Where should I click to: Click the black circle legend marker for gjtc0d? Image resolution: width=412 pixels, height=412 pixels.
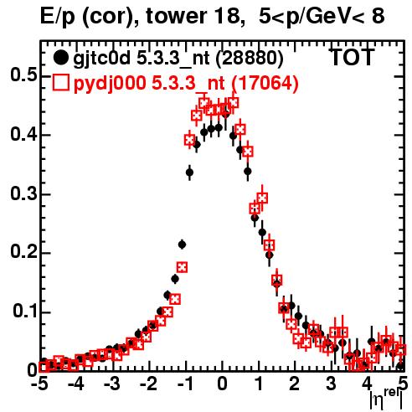point(60,58)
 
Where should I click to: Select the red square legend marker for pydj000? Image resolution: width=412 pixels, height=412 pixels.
point(60,82)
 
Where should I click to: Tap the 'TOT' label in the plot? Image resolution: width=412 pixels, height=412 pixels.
point(353,57)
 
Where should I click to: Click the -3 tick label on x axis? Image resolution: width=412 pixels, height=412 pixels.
point(112,384)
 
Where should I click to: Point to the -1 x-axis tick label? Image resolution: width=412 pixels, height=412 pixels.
point(185,384)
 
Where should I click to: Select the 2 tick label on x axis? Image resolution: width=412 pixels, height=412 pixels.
point(295,384)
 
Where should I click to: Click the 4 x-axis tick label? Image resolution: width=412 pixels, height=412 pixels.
point(368,384)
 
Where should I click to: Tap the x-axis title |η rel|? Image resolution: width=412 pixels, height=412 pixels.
point(386,399)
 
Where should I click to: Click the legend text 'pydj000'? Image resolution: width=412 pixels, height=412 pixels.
point(110,84)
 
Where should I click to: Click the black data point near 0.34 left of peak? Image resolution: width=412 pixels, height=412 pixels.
point(189,173)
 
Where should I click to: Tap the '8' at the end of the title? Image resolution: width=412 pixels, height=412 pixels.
point(379,16)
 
